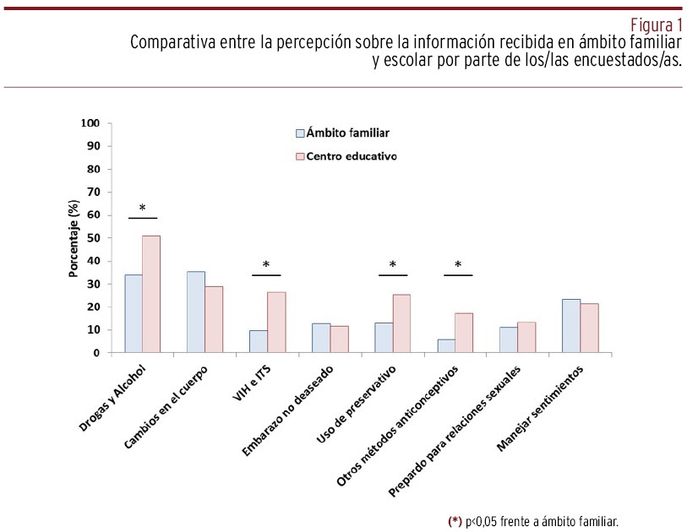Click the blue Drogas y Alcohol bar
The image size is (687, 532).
click(x=133, y=313)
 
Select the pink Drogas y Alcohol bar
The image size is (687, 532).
click(x=151, y=294)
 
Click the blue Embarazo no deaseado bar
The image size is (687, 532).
click(x=321, y=338)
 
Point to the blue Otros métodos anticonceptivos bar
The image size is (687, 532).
click(x=446, y=345)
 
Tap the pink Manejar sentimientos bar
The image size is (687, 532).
click(x=588, y=328)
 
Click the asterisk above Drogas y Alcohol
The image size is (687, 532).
click(x=142, y=209)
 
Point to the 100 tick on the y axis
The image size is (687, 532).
click(x=90, y=123)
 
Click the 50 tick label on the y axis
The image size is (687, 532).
click(x=93, y=238)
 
